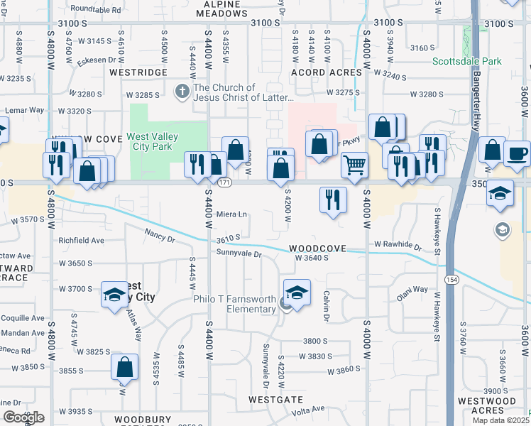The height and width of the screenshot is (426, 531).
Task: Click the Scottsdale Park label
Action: click(x=467, y=61)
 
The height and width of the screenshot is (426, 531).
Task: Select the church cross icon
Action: click(x=181, y=91)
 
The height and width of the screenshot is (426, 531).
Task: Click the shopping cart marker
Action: click(x=354, y=165)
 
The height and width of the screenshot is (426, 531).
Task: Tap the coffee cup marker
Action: click(x=517, y=153)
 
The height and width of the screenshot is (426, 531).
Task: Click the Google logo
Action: click(x=23, y=417)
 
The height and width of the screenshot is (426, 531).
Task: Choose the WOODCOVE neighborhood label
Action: click(x=317, y=249)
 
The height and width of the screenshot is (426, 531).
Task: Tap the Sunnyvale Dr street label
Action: click(x=239, y=253)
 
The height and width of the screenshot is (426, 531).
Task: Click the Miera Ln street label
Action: click(x=232, y=214)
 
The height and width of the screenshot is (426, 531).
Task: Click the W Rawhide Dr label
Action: click(x=398, y=244)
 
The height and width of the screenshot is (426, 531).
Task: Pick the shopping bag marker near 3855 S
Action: click(x=124, y=367)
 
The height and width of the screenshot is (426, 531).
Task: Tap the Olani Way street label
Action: click(x=412, y=290)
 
